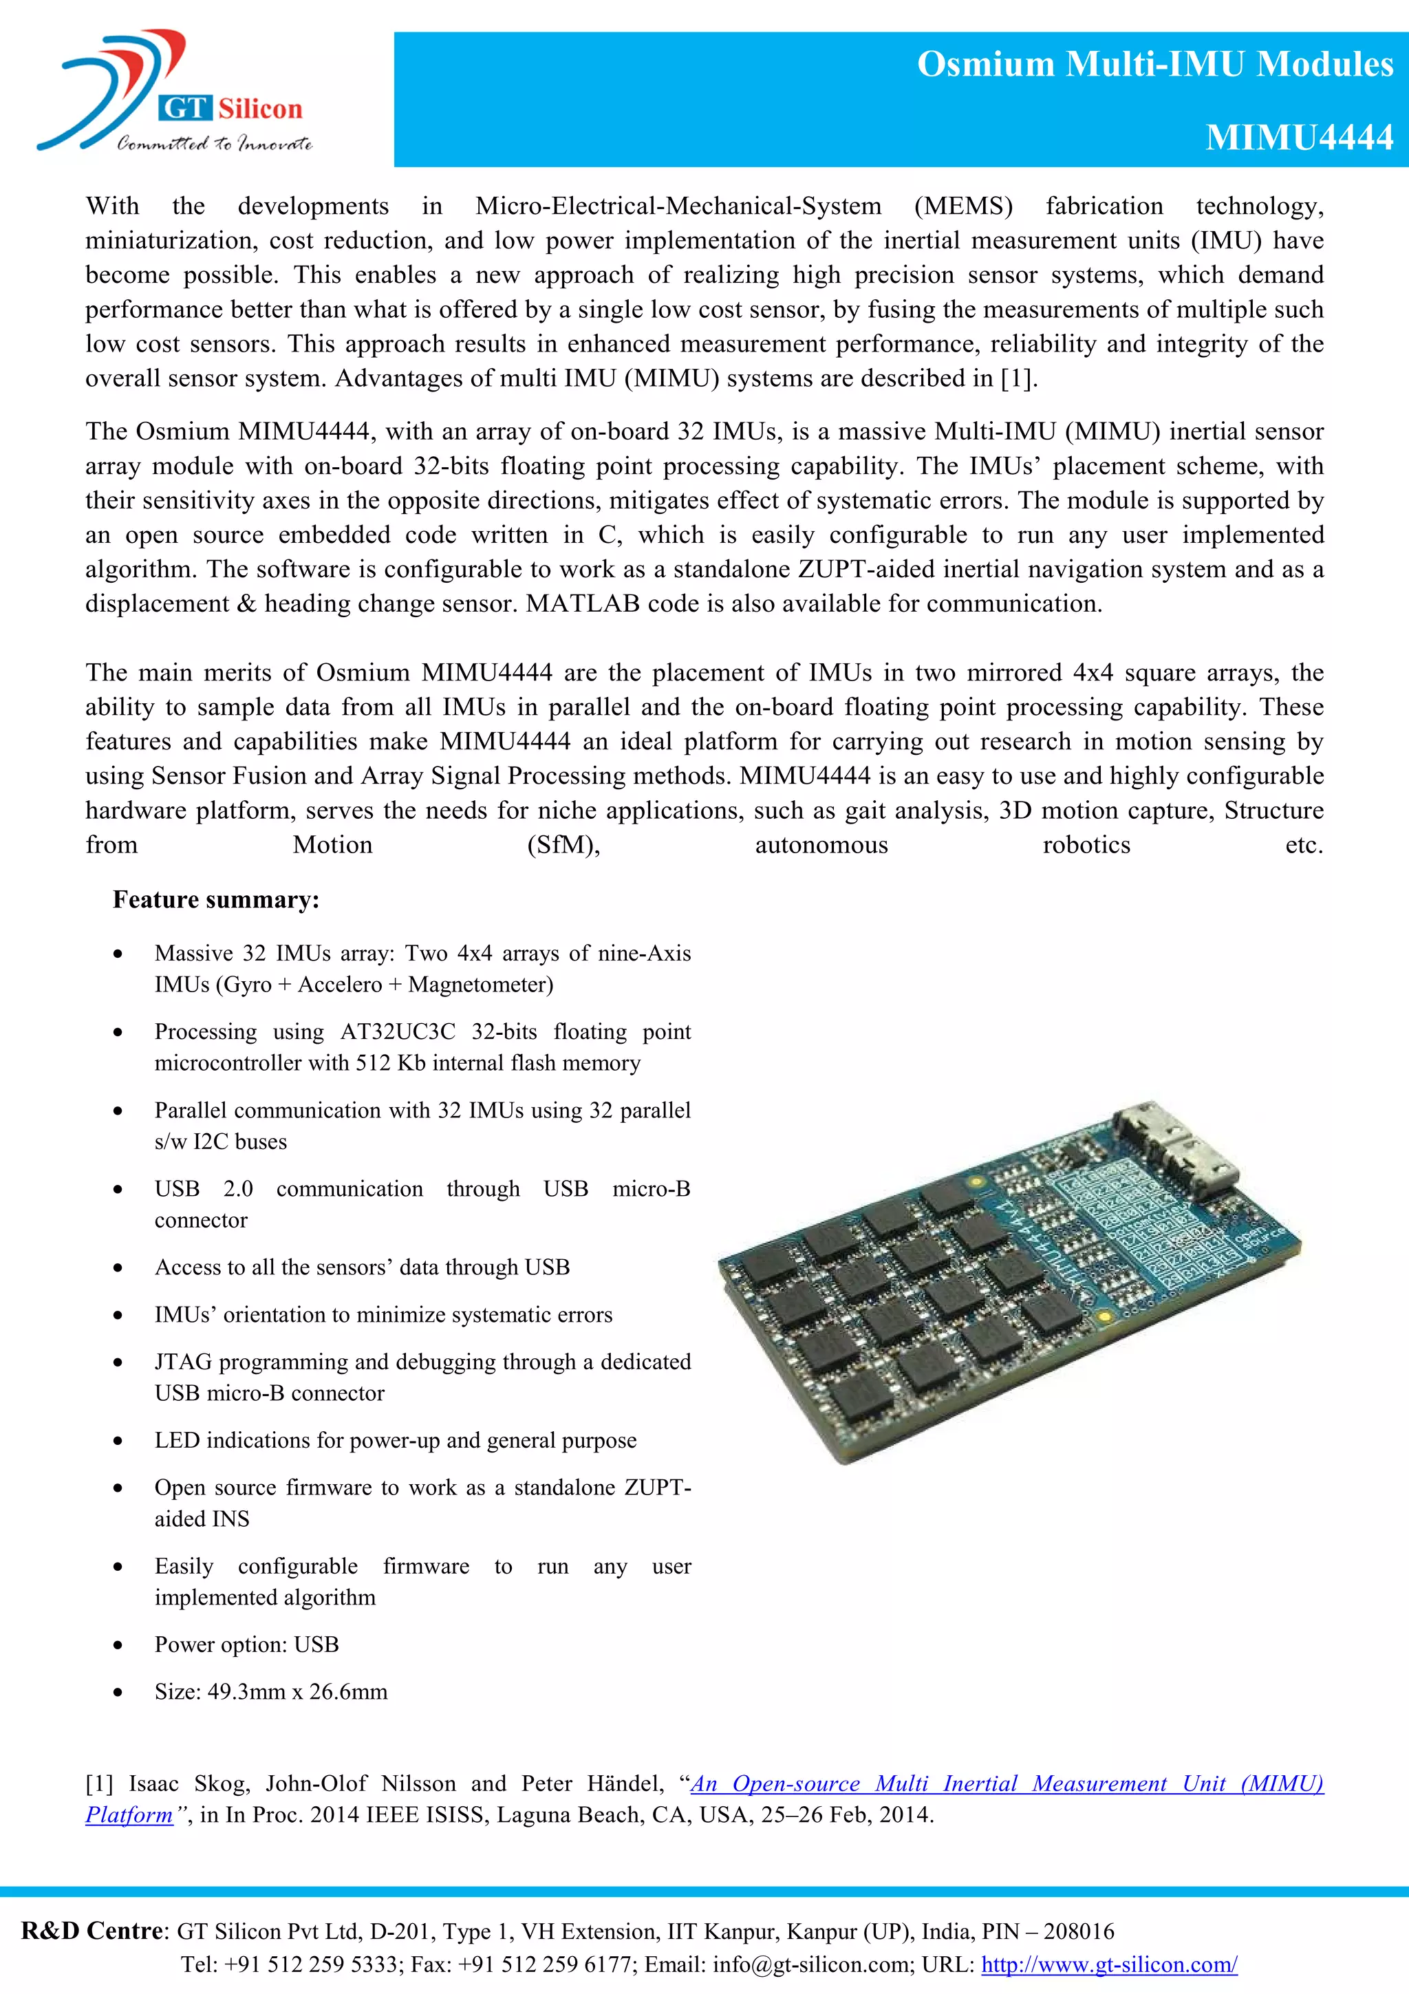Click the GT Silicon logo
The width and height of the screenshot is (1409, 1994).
pos(173,94)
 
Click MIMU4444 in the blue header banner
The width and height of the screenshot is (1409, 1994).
pos(1298,137)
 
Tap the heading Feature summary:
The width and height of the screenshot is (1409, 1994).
pos(216,900)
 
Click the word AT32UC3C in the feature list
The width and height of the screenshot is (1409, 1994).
pos(398,1031)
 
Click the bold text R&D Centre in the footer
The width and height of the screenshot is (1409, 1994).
pos(91,1931)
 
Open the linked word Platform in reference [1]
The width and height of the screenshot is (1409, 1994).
pos(129,1815)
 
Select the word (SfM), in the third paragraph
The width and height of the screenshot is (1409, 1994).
pos(563,845)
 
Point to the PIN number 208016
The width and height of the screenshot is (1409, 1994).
pos(1078,1931)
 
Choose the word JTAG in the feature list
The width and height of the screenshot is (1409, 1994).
pos(182,1362)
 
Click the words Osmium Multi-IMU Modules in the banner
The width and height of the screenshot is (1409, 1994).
pos(1154,64)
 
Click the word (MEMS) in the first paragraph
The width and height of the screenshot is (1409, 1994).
pos(962,206)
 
